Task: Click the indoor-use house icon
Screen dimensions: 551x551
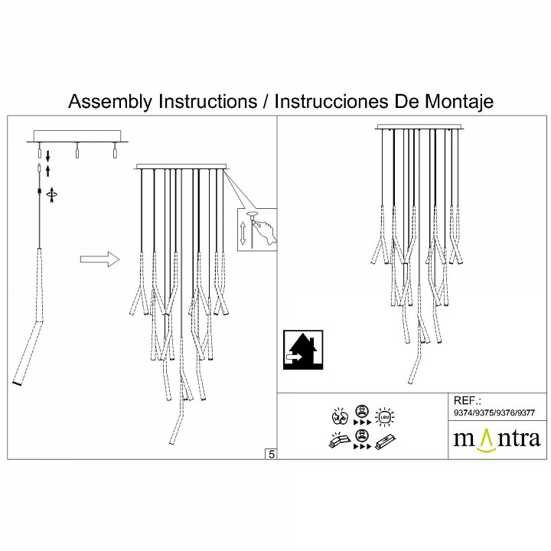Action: (x=303, y=350)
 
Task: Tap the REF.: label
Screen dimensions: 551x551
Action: (x=466, y=400)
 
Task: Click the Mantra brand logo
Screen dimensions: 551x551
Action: (x=496, y=439)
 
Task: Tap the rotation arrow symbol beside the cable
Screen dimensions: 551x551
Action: (x=51, y=194)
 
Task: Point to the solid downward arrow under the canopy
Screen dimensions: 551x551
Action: (x=48, y=155)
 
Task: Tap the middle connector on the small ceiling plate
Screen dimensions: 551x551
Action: (x=77, y=152)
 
